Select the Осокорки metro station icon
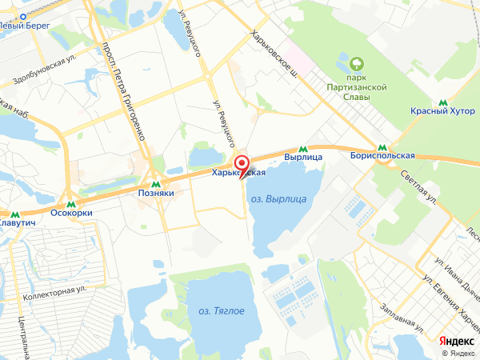70,202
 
